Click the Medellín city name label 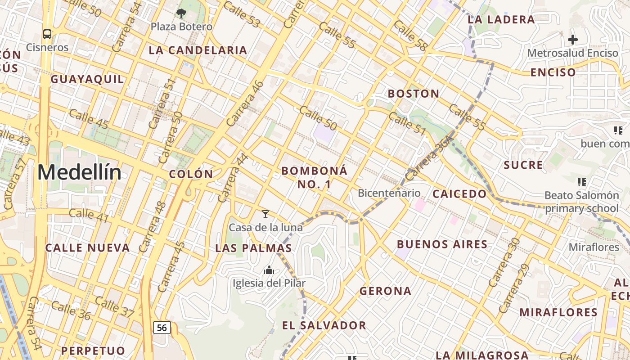click(x=79, y=173)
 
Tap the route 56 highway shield click(x=162, y=328)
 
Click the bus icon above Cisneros click(x=47, y=34)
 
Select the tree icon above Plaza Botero click(x=181, y=13)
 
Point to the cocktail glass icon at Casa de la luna click(x=265, y=214)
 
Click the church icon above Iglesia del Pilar click(x=269, y=270)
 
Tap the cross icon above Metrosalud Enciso click(x=572, y=40)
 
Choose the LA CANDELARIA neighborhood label click(x=198, y=50)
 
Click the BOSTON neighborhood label click(x=414, y=94)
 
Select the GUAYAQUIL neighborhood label click(x=87, y=80)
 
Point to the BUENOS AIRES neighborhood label click(x=442, y=244)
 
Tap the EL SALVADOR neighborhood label click(x=324, y=325)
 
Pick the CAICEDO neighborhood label click(x=459, y=194)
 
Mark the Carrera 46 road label click(x=245, y=103)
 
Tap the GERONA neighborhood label click(x=385, y=291)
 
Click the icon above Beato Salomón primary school click(x=581, y=182)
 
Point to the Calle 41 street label click(x=89, y=216)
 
